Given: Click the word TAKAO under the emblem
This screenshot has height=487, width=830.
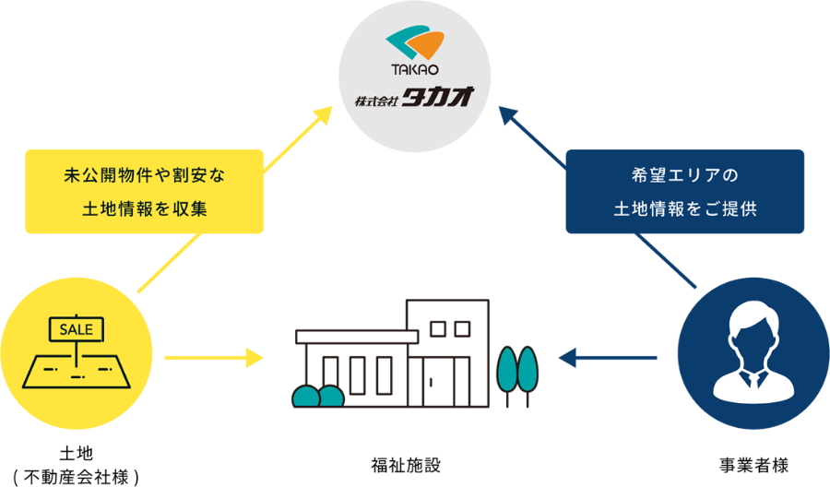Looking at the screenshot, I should point(414,70).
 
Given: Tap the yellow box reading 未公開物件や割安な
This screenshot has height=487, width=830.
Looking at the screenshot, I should point(145,174).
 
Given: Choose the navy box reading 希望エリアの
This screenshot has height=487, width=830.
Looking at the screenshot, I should point(684,173).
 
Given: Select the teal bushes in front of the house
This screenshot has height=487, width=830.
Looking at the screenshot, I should point(317,397).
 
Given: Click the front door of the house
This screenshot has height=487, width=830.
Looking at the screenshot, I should point(434,380).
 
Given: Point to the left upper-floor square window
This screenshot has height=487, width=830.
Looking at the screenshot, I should point(438,328).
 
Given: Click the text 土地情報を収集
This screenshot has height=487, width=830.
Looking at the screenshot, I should point(145,209).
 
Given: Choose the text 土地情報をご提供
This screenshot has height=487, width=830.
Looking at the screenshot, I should point(684,208).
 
